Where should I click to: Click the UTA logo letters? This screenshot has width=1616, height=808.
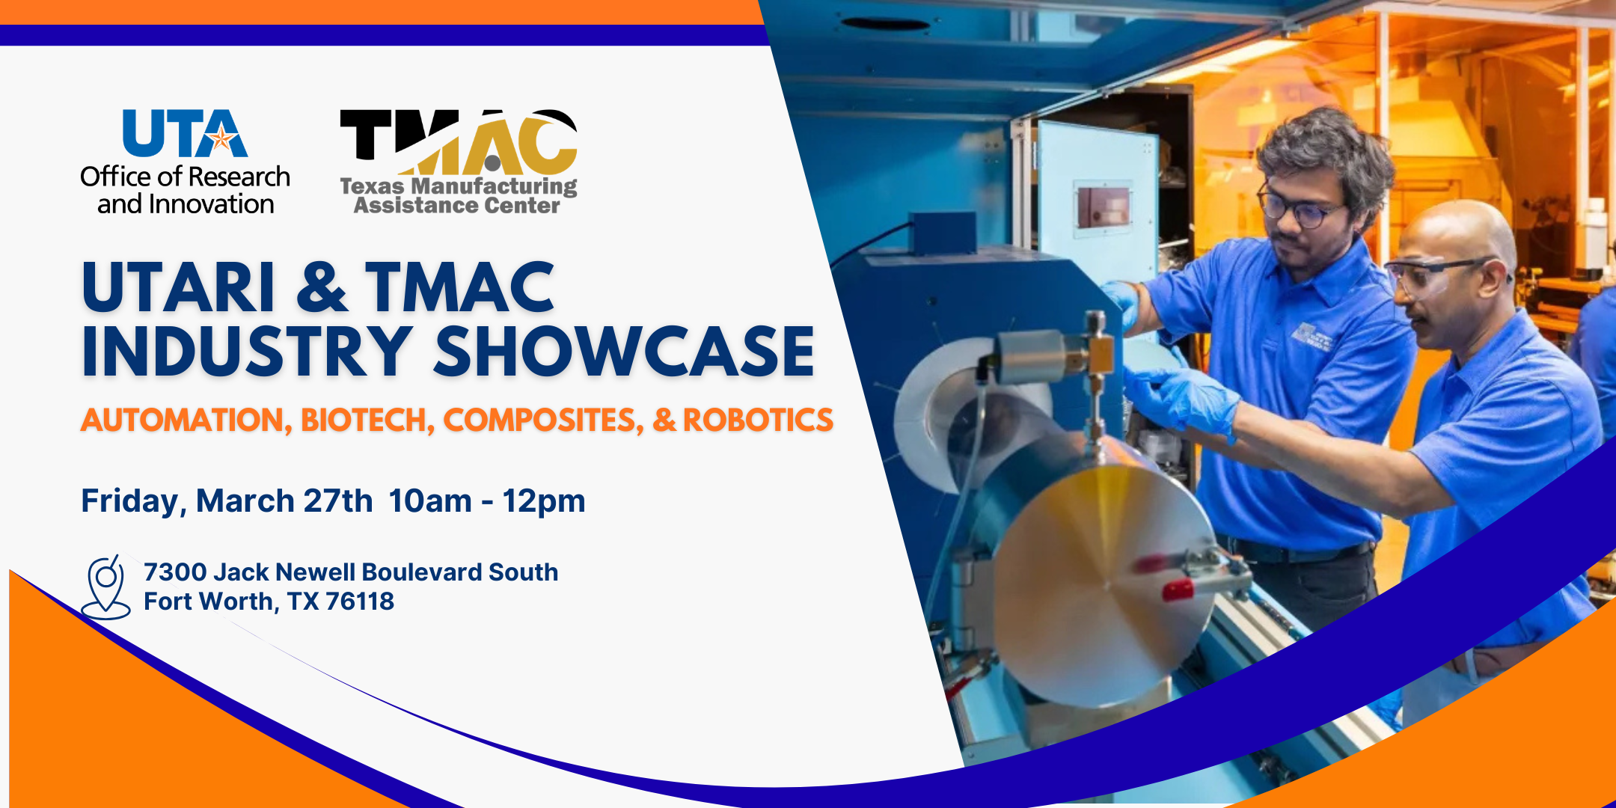click(x=185, y=133)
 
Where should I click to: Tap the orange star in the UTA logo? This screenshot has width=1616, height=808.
click(x=221, y=138)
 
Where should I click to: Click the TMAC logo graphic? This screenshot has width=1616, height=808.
click(x=459, y=142)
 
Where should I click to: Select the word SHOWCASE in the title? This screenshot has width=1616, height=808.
click(x=625, y=352)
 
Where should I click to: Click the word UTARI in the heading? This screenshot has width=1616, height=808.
click(x=179, y=287)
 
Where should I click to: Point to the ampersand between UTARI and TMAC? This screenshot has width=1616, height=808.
click(x=322, y=287)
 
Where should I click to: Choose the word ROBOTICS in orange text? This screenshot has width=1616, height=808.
click(x=758, y=420)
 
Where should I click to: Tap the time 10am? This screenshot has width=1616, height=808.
click(x=430, y=501)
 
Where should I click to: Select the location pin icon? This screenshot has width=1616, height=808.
click(x=105, y=587)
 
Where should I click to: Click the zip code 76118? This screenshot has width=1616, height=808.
click(x=360, y=602)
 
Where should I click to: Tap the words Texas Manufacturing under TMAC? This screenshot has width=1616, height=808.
click(x=459, y=186)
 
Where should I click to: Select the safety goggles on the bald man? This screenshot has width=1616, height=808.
click(x=1433, y=276)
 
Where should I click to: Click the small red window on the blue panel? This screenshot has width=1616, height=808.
click(x=1103, y=206)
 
